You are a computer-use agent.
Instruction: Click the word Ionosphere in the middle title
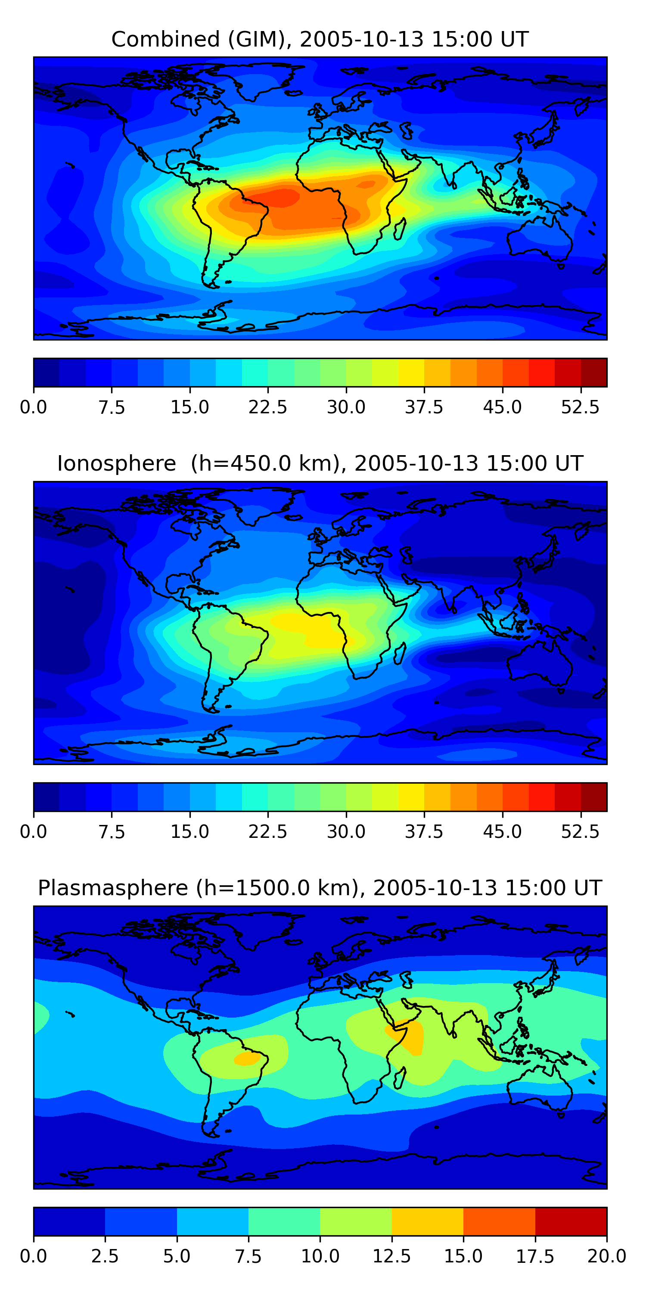coord(116,463)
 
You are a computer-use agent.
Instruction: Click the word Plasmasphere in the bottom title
coord(113,888)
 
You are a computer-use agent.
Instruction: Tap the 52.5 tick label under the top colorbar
coord(580,407)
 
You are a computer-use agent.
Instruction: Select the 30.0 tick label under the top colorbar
coord(346,407)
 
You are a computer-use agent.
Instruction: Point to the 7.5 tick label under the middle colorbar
coord(112,832)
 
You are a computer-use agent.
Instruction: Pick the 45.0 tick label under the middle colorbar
coord(502,832)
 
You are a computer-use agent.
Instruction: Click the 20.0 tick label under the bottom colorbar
coord(606,1256)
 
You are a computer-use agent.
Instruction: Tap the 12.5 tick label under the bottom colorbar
coord(392,1256)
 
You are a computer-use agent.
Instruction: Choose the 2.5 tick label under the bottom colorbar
coord(105,1256)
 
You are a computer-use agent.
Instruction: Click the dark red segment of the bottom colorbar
coord(571,1221)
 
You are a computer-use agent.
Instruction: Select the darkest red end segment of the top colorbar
coord(594,372)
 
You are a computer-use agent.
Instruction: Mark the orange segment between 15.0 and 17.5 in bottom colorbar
coord(499,1221)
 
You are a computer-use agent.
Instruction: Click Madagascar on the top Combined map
coord(400,229)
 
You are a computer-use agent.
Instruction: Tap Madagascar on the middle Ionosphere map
coord(400,653)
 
